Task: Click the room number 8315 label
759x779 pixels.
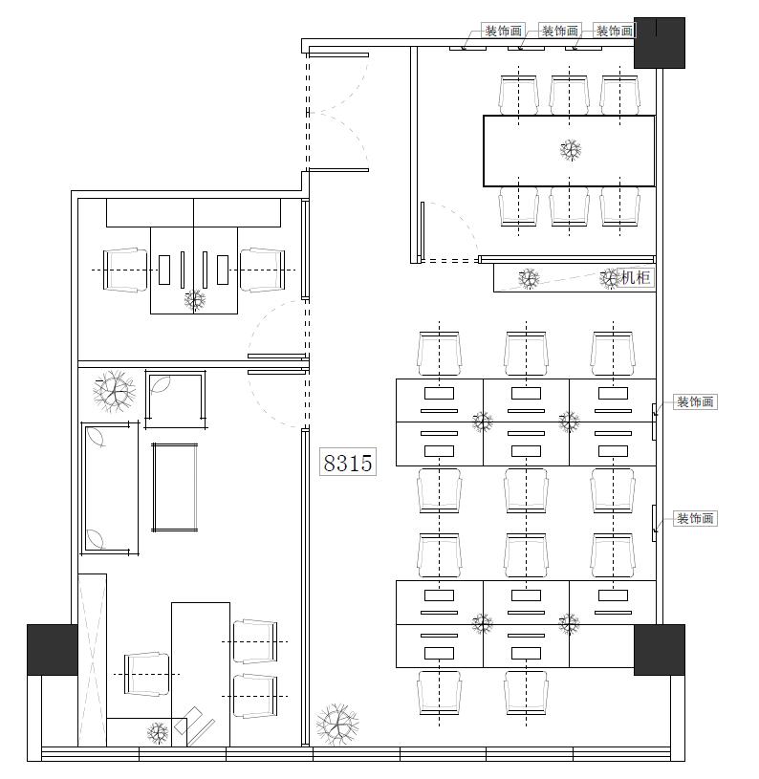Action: pos(348,462)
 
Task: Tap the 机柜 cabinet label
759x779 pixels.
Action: pos(636,277)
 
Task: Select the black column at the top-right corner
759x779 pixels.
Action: pos(660,43)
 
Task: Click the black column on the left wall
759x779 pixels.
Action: pos(53,650)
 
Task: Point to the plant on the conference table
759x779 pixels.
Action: pos(571,149)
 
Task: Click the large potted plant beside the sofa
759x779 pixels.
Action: pos(115,392)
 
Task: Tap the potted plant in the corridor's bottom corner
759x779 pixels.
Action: pos(337,725)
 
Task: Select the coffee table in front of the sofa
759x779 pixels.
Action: pos(174,487)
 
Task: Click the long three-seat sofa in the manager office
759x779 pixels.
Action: pos(110,487)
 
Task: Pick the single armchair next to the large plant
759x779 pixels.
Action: pos(175,399)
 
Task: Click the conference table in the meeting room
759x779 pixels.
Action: pos(570,151)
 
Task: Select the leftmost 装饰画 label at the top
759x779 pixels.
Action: pos(503,31)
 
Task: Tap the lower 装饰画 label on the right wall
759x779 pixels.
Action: pos(695,519)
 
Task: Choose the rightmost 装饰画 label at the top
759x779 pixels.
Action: pos(615,31)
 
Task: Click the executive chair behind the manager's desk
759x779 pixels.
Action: pos(146,674)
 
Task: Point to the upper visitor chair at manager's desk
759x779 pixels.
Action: pos(255,641)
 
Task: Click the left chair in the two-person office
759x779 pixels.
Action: pos(125,270)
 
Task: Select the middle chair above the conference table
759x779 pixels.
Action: pos(570,95)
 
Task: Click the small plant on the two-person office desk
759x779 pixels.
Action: pos(195,300)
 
